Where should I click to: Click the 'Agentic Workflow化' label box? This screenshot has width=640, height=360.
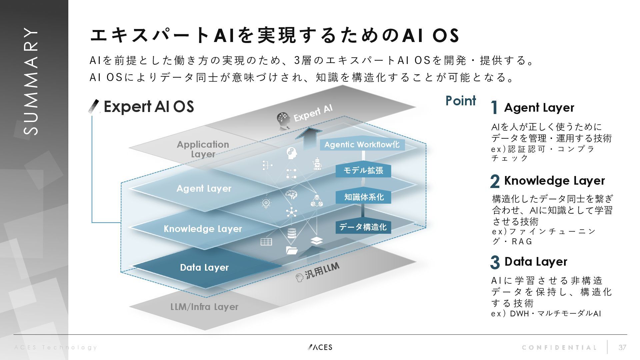(362, 145)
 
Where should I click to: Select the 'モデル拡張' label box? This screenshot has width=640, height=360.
(363, 170)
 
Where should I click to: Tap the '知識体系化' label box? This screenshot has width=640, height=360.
(363, 197)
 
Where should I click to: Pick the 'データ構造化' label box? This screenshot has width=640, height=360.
(363, 227)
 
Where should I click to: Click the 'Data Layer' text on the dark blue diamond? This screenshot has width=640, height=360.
(204, 267)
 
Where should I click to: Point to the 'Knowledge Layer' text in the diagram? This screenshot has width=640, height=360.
(203, 229)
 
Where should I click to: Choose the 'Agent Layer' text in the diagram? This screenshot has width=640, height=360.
(204, 188)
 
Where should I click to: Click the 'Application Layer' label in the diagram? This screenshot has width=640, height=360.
(203, 149)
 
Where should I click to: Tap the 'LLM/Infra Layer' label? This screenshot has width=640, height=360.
(204, 307)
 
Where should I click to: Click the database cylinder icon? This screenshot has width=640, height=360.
(292, 233)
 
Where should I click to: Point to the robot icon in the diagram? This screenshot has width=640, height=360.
(317, 164)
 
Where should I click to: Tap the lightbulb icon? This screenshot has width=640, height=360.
(266, 203)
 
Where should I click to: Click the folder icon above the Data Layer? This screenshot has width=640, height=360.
(292, 250)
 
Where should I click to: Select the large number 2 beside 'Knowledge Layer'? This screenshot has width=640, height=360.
(495, 181)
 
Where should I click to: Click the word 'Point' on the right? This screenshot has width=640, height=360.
(461, 101)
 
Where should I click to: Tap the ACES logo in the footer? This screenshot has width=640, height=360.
(320, 347)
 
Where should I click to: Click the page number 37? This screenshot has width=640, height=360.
(622, 347)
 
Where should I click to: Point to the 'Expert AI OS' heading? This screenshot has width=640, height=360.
(149, 107)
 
